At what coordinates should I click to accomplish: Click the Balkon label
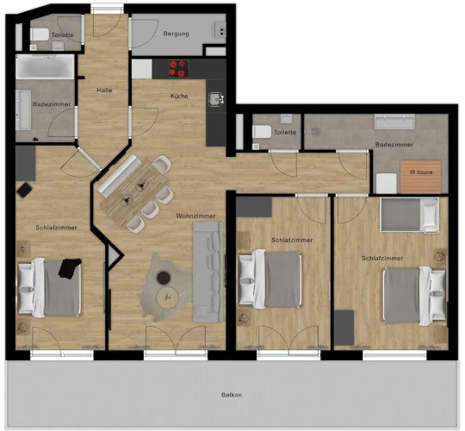pyautogui.click(x=232, y=395)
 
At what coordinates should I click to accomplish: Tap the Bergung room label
pyautogui.click(x=176, y=34)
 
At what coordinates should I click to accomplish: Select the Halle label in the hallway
pyautogui.click(x=104, y=90)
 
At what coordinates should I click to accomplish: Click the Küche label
pyautogui.click(x=179, y=96)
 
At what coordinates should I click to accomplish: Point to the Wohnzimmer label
pyautogui.click(x=195, y=215)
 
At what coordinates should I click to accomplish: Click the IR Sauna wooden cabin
pyautogui.click(x=420, y=177)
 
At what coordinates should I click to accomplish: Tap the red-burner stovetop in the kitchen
pyautogui.click(x=179, y=69)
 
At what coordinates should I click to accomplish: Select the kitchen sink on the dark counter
pyautogui.click(x=216, y=99)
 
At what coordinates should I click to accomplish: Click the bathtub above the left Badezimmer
pyautogui.click(x=45, y=66)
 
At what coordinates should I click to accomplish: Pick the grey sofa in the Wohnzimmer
pyautogui.click(x=208, y=272)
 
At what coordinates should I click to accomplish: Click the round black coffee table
pyautogui.click(x=164, y=278)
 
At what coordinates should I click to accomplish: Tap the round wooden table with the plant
pyautogui.click(x=168, y=297)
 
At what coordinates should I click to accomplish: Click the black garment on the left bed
pyautogui.click(x=70, y=268)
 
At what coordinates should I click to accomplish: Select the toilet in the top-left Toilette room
pyautogui.click(x=40, y=34)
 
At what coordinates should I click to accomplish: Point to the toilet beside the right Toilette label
pyautogui.click(x=262, y=132)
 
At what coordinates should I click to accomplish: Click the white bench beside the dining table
pyautogui.click(x=120, y=175)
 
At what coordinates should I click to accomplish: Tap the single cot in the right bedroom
pyautogui.click(x=409, y=215)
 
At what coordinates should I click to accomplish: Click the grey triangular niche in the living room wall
pyautogui.click(x=115, y=255)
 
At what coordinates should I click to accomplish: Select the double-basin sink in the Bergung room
pyautogui.click(x=220, y=29)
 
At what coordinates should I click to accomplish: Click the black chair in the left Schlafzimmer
pyautogui.click(x=24, y=190)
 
